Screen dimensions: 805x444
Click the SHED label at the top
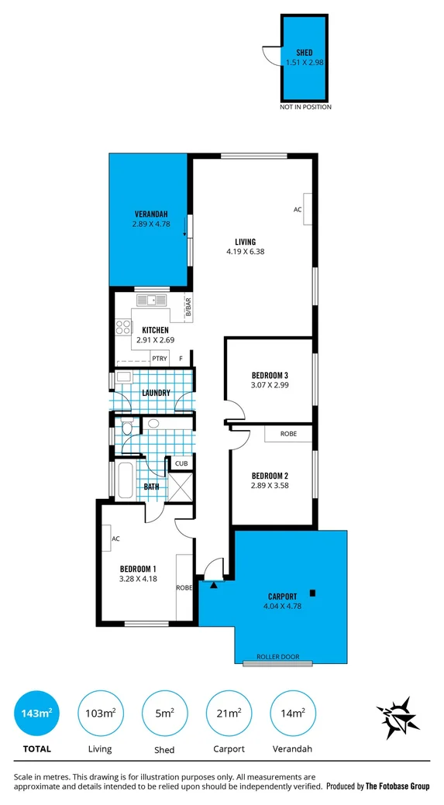[x=305, y=53]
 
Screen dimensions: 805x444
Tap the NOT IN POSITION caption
[x=305, y=107]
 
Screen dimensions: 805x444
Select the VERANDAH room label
[x=150, y=214]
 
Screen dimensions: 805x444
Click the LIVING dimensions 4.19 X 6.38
[x=246, y=251]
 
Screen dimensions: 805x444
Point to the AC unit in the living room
[x=307, y=209]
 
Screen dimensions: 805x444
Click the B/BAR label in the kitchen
[x=188, y=308]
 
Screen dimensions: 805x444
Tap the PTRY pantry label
[x=160, y=359]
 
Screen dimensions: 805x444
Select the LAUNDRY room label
[x=156, y=393]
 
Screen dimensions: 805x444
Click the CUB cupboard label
[x=181, y=463]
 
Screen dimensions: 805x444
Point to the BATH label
[x=152, y=487]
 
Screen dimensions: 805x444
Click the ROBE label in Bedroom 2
[x=288, y=435]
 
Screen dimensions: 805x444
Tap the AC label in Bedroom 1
[x=115, y=538]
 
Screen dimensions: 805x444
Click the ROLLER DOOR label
[x=278, y=656]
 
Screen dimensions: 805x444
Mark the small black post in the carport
[x=312, y=594]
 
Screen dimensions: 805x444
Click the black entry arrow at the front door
[x=215, y=584]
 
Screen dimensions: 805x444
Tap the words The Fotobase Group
[x=398, y=786]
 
